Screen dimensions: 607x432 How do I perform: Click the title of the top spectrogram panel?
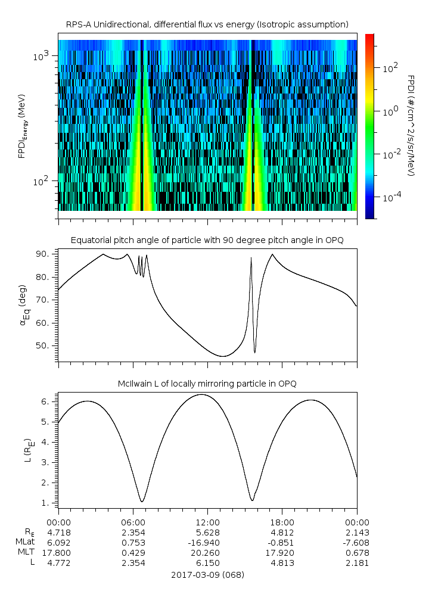point(207,24)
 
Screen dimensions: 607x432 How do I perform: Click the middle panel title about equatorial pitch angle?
point(207,240)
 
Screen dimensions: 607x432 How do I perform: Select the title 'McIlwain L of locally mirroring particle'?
point(207,383)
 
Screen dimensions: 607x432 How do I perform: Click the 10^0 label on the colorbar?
point(388,111)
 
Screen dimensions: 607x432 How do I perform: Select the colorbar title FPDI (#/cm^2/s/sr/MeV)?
point(411,125)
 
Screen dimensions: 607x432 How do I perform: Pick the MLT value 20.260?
point(208,553)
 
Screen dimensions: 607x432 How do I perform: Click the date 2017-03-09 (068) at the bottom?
point(207,575)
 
